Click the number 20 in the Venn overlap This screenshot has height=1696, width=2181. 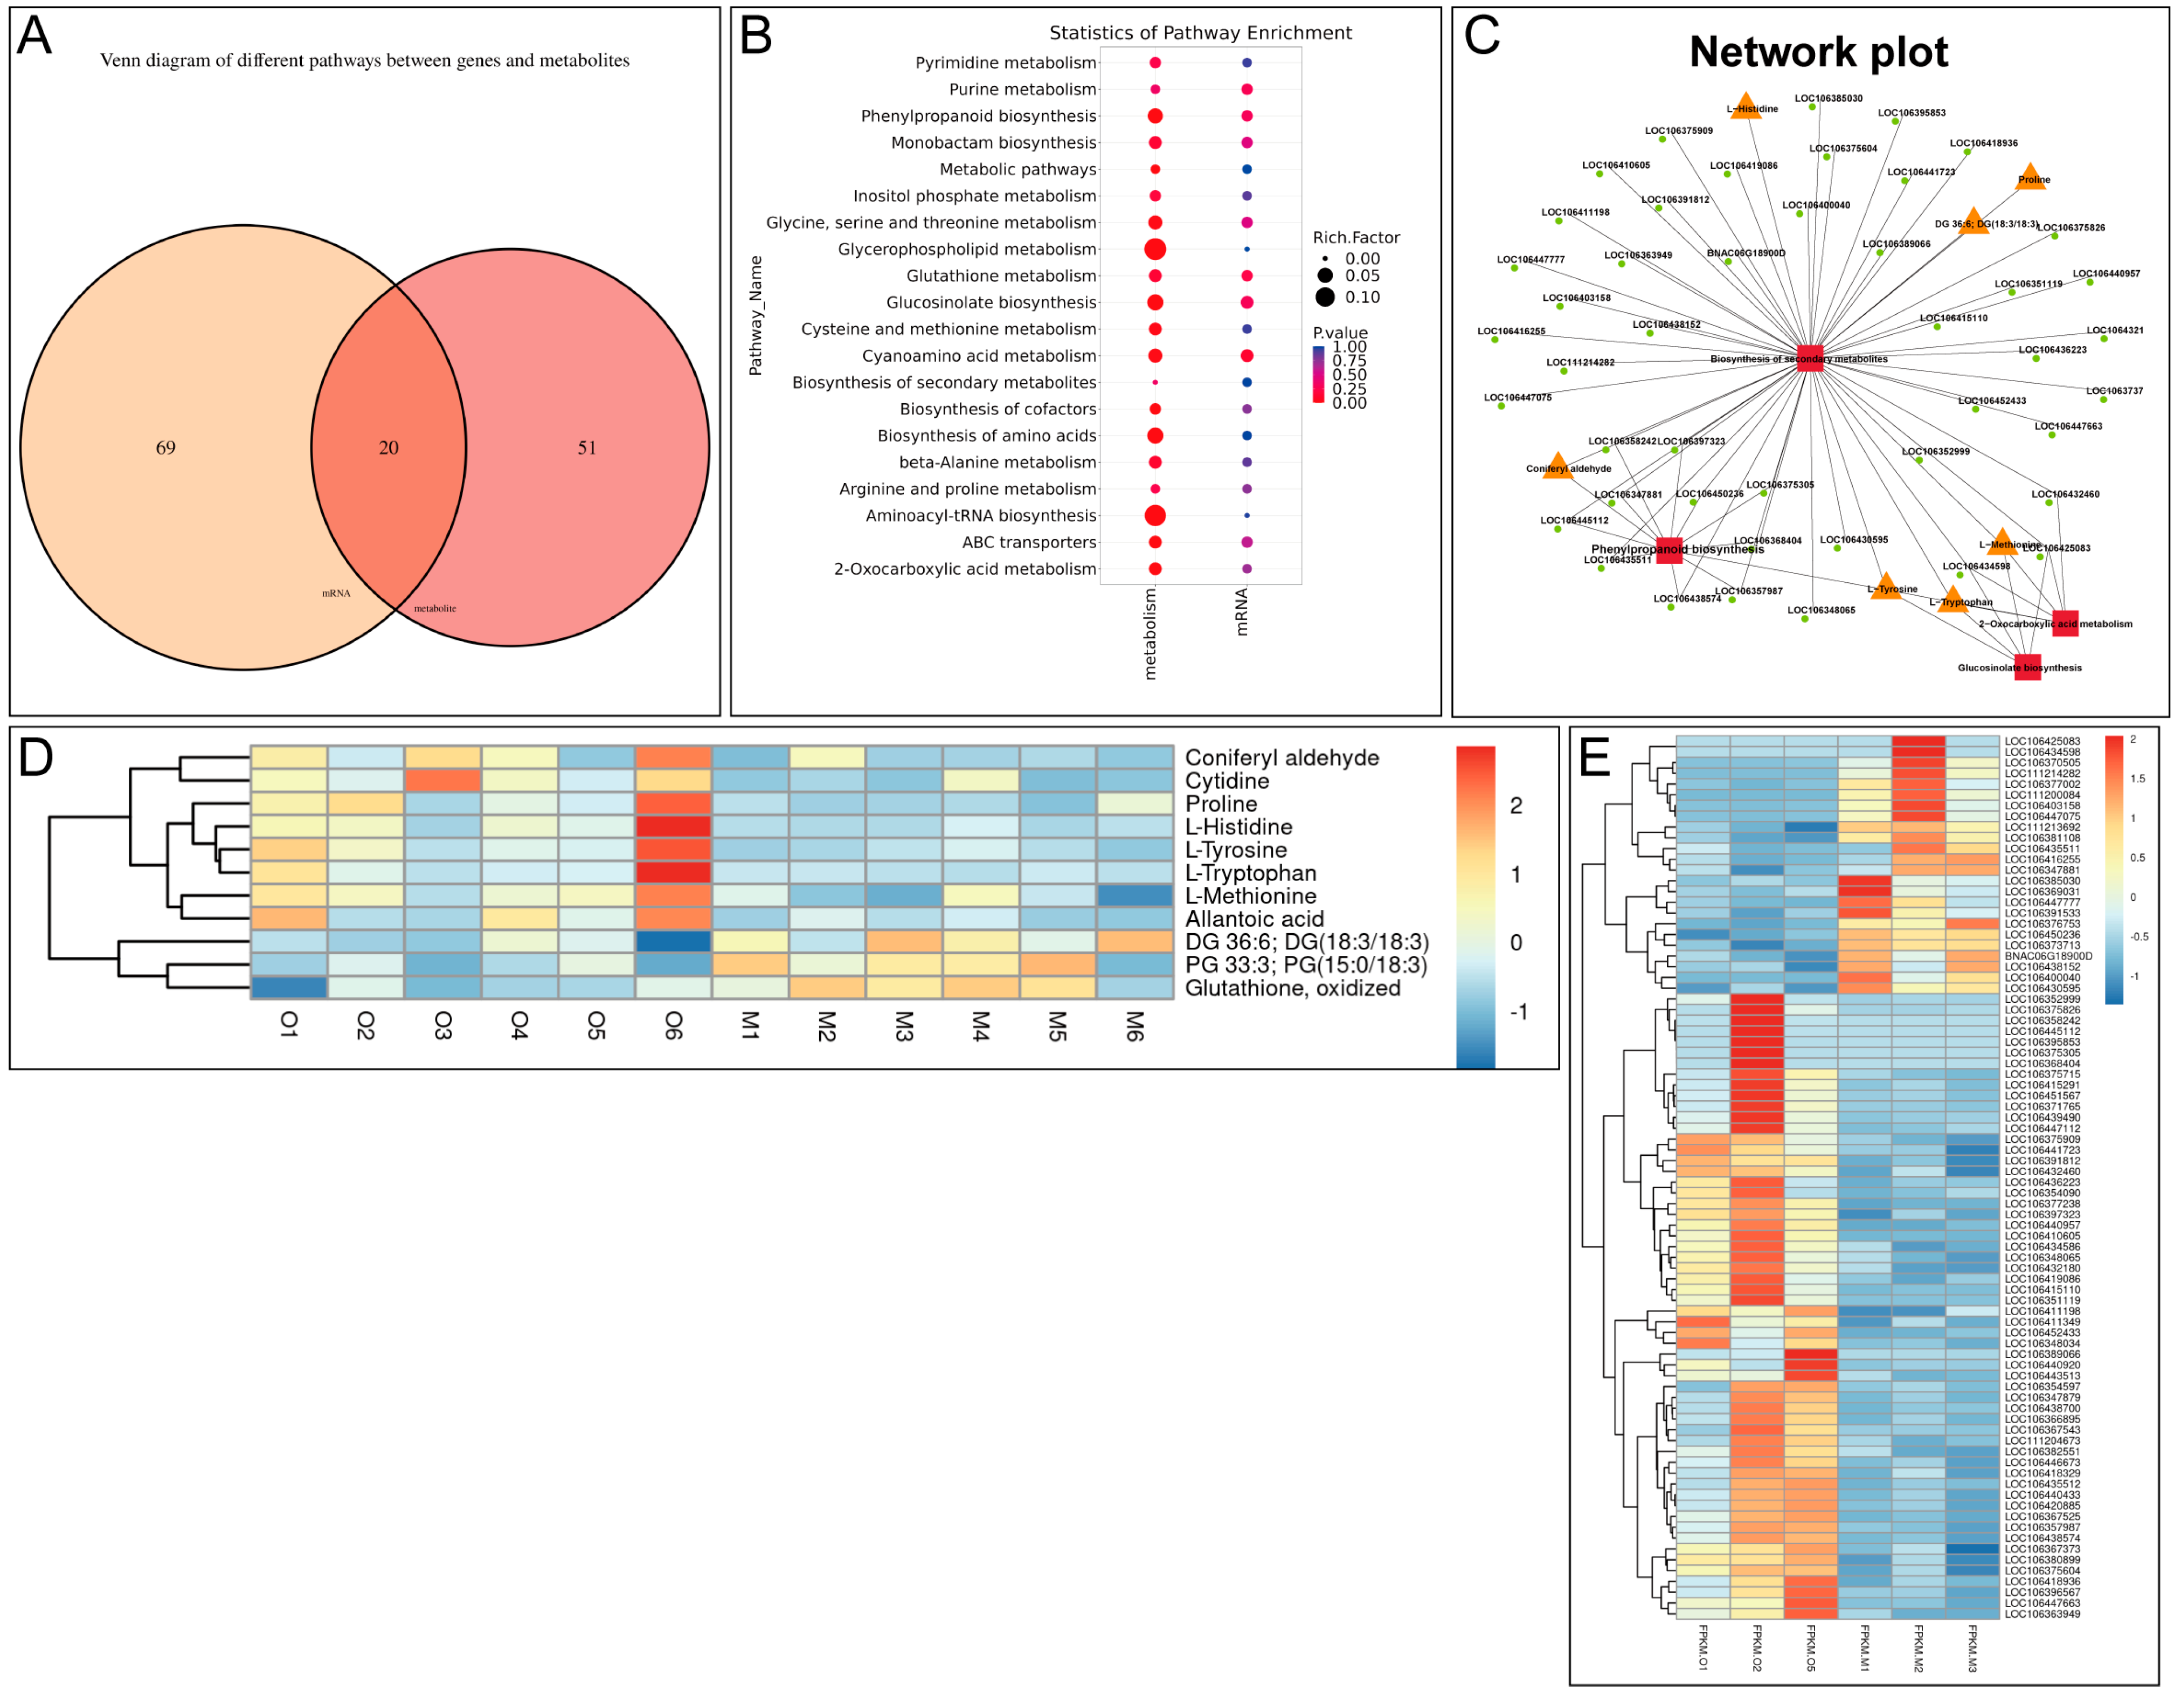pos(389,447)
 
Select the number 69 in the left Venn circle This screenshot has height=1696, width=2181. pos(166,447)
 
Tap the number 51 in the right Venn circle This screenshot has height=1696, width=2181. pos(587,447)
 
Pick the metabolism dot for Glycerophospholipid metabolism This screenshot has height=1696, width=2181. pos(1155,249)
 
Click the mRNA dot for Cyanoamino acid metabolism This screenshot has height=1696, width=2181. pos(1247,356)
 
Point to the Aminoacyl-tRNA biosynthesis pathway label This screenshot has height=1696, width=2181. pos(981,515)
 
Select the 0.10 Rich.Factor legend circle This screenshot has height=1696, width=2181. pos(1325,297)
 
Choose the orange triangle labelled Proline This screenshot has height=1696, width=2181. pos(2030,177)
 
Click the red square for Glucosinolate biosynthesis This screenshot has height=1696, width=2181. pos(2027,667)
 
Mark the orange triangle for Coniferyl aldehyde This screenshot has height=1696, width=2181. pos(1557,466)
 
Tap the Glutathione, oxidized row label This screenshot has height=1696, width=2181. pos(1292,988)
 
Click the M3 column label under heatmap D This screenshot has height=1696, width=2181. pos(903,1026)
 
